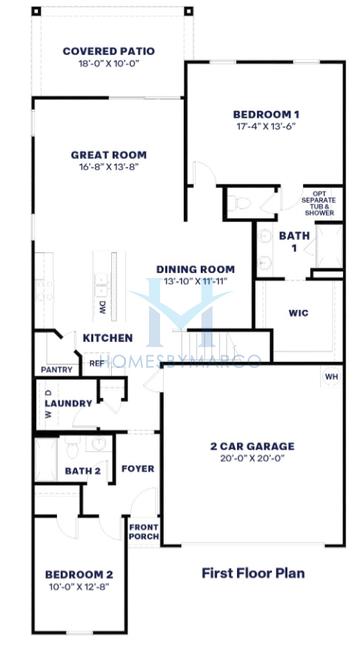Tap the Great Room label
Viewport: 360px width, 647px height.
click(108, 155)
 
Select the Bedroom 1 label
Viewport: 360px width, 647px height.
click(266, 114)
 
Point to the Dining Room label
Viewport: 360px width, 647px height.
click(196, 269)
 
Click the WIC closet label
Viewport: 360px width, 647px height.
click(298, 313)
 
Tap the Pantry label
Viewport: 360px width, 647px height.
click(56, 369)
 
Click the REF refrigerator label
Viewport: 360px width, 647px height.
click(97, 363)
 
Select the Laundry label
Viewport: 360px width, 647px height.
click(75, 403)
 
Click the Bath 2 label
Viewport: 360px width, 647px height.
click(83, 470)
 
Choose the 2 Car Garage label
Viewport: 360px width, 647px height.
click(252, 446)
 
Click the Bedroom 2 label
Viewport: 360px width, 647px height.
click(79, 574)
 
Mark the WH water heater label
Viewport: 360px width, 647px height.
click(331, 377)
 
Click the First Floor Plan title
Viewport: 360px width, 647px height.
click(253, 573)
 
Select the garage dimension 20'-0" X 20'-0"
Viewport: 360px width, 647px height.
click(252, 459)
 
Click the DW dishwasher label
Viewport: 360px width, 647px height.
click(102, 306)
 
